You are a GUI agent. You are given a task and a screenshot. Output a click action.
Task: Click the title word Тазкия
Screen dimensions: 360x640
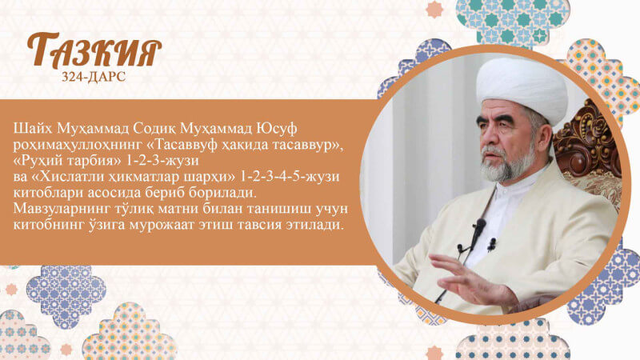click(94, 51)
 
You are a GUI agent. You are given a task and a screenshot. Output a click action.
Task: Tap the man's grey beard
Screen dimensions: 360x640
click(508, 164)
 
